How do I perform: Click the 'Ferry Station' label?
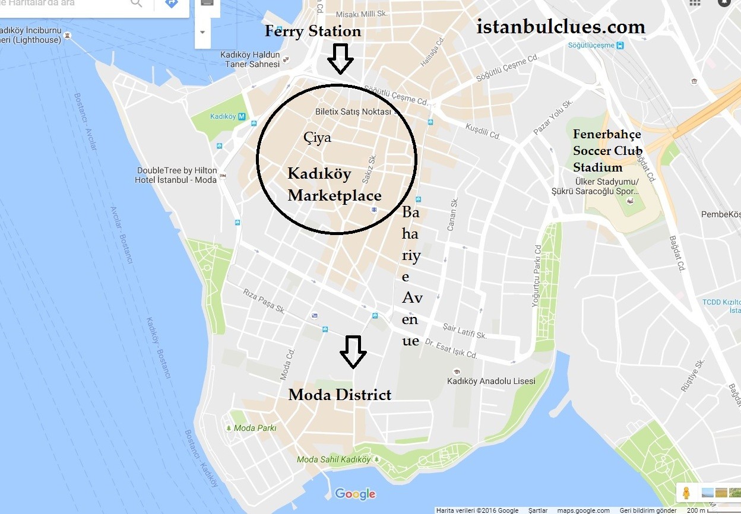pos(312,31)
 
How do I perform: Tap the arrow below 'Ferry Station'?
pos(340,58)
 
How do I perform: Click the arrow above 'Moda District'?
pos(353,351)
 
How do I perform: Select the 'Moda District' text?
pos(340,395)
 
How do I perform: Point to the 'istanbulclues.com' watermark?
pos(560,27)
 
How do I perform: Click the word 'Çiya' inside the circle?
pos(317,138)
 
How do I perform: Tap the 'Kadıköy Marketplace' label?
pos(334,185)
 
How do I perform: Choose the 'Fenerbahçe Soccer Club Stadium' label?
pos(607,151)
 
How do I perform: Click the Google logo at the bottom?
pos(355,494)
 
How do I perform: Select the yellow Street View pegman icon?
pos(686,493)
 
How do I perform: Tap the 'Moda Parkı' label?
pos(255,428)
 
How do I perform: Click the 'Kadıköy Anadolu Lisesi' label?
pos(491,381)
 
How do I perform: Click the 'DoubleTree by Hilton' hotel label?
pos(176,175)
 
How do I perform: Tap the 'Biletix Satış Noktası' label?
pos(353,112)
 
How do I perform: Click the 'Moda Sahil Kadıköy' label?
pos(333,459)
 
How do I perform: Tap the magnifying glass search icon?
pos(137,3)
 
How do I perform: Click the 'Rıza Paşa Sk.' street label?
pos(265,300)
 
